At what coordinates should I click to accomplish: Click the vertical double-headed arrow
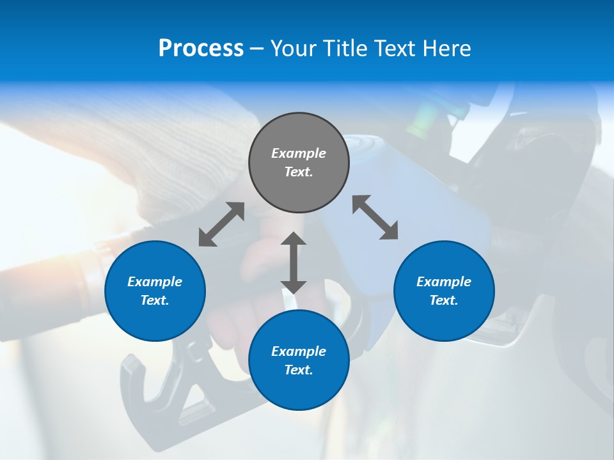[294, 263]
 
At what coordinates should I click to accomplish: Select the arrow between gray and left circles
[221, 224]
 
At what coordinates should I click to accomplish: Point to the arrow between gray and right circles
[375, 217]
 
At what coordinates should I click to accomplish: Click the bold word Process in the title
[201, 48]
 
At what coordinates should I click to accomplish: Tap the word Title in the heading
[345, 48]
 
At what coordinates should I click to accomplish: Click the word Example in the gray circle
[299, 153]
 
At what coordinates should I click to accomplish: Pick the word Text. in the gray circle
[299, 172]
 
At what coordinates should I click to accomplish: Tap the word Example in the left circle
[155, 282]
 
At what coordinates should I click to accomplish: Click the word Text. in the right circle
[444, 300]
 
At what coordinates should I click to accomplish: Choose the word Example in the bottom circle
[299, 351]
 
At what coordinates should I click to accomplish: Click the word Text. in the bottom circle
[299, 370]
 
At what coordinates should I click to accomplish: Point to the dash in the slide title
[257, 49]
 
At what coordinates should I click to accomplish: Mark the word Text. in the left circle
[155, 300]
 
